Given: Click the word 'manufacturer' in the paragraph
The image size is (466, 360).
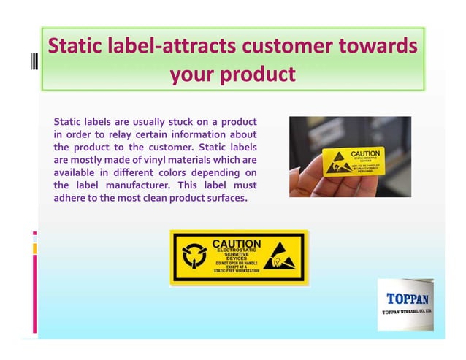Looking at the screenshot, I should (x=136, y=185).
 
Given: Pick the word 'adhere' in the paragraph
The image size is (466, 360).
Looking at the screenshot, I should (x=72, y=198).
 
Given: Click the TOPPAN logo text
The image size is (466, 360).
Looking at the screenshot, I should (x=407, y=298).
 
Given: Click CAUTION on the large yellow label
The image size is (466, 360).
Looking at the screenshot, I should (x=236, y=242).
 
